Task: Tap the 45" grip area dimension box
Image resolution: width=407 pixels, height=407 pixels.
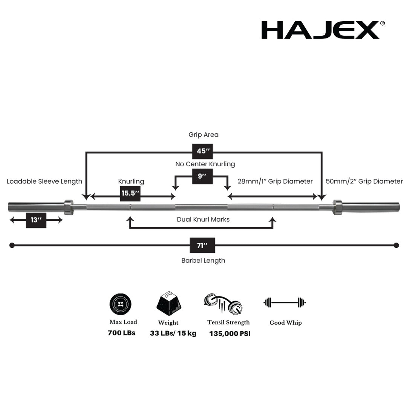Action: (203, 151)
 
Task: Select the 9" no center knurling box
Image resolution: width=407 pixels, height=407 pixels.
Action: (202, 176)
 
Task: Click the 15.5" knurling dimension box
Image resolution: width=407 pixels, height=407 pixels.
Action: (130, 194)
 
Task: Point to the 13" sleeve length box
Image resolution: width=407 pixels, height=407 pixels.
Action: (36, 220)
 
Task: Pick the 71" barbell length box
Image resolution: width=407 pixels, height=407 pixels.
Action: (202, 245)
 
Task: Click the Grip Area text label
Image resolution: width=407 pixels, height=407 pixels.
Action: (203, 135)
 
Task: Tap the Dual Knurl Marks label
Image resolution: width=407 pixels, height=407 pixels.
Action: (203, 219)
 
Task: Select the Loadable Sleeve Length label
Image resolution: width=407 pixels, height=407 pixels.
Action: (44, 181)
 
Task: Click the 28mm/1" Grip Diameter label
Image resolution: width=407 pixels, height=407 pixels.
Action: (275, 181)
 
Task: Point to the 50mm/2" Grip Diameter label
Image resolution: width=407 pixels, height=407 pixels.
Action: (364, 181)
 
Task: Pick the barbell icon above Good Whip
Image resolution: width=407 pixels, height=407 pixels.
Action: (285, 303)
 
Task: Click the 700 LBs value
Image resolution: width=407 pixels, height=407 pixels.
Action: (121, 333)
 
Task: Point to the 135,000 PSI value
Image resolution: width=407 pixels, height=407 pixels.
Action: (230, 333)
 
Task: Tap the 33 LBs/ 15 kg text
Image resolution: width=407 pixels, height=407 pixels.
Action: (173, 333)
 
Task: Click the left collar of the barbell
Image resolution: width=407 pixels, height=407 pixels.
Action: (69, 207)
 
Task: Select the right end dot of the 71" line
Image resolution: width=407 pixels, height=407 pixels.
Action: (396, 245)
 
